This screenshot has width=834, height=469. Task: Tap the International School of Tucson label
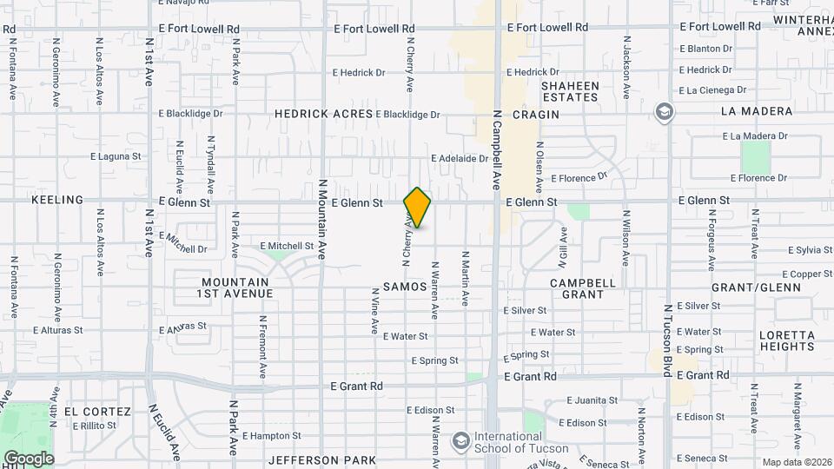520,443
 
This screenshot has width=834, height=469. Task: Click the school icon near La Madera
665,113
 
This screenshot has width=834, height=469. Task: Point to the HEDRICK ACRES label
323,114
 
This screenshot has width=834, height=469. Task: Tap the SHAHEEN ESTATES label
570,91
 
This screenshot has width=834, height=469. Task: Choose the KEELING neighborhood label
57,200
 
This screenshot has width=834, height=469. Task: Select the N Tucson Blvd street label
668,340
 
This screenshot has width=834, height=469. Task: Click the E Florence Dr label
579,178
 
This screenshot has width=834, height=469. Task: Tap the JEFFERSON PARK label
322,459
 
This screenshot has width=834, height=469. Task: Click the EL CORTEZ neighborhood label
96,412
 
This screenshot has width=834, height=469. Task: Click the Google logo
29,459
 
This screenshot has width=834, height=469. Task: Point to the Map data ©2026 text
796,462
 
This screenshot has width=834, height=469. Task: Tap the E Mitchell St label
286,246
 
